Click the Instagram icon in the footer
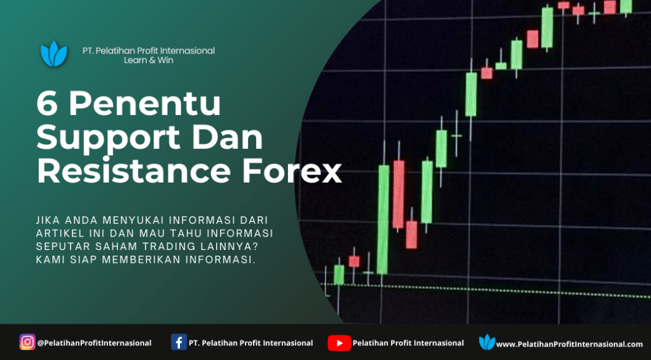click(27, 342)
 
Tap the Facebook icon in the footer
click(179, 342)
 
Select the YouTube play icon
click(339, 343)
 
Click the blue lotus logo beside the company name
click(54, 54)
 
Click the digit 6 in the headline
click(47, 104)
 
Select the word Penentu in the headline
click(145, 104)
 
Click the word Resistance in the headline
click(134, 170)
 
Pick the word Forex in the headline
click(292, 170)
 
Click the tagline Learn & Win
click(149, 60)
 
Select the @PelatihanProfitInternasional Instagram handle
click(94, 343)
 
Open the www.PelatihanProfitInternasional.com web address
click(569, 344)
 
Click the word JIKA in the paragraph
click(46, 220)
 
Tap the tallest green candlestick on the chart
click(383, 219)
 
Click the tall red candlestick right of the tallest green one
click(399, 195)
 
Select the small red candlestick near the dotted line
click(354, 261)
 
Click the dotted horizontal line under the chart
click(486, 290)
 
